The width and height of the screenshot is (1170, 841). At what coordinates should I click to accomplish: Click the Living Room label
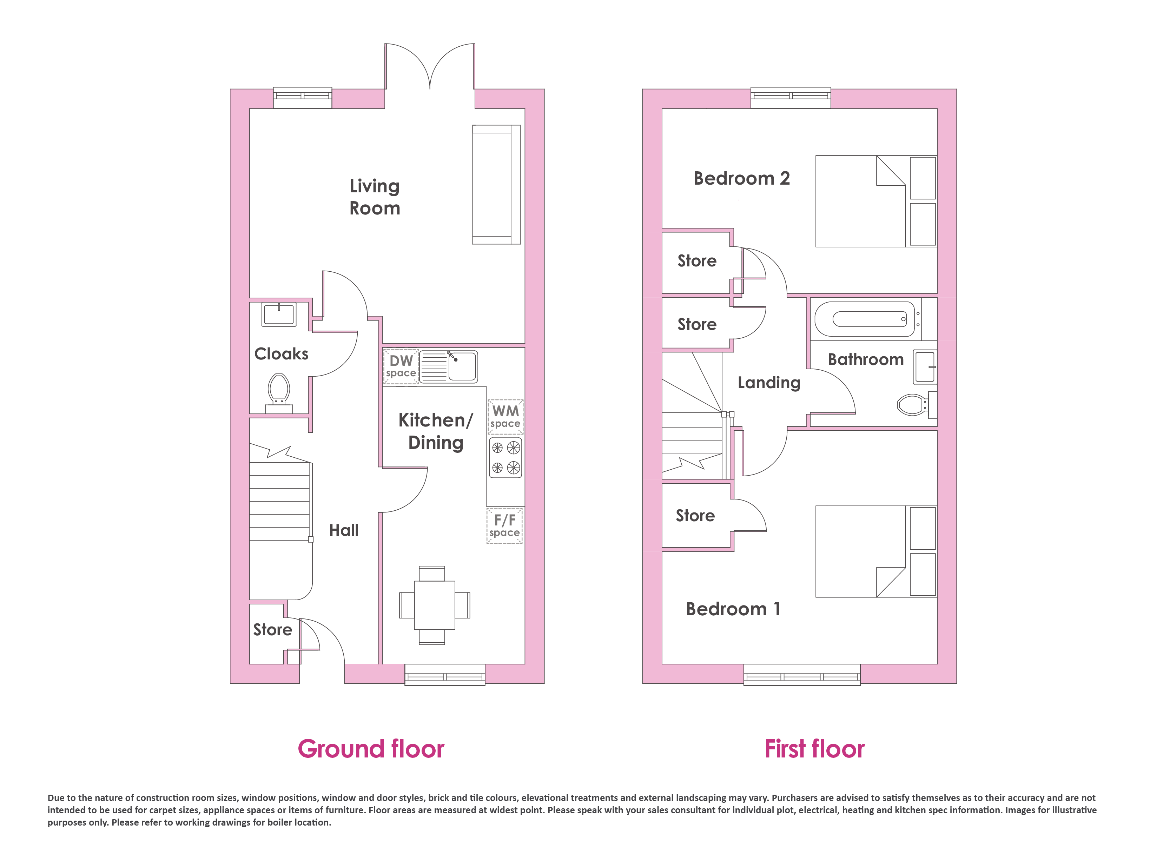(375, 197)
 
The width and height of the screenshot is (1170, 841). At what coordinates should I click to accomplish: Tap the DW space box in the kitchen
(401, 367)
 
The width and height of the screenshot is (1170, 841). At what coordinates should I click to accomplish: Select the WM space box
(505, 417)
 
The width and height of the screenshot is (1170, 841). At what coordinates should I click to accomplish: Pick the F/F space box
(504, 526)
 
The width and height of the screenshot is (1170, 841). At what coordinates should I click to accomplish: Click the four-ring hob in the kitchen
(505, 458)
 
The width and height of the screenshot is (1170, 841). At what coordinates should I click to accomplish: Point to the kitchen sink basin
(463, 366)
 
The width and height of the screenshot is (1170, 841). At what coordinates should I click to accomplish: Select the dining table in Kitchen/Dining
(435, 605)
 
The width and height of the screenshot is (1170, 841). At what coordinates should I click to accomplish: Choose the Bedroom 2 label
(742, 179)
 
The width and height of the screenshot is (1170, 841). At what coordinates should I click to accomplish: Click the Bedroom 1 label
(733, 609)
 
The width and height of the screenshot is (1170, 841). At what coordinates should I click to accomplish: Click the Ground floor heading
(371, 749)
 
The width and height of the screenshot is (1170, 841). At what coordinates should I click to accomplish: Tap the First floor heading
(814, 749)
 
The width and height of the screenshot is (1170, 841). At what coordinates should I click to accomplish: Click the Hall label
(344, 530)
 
